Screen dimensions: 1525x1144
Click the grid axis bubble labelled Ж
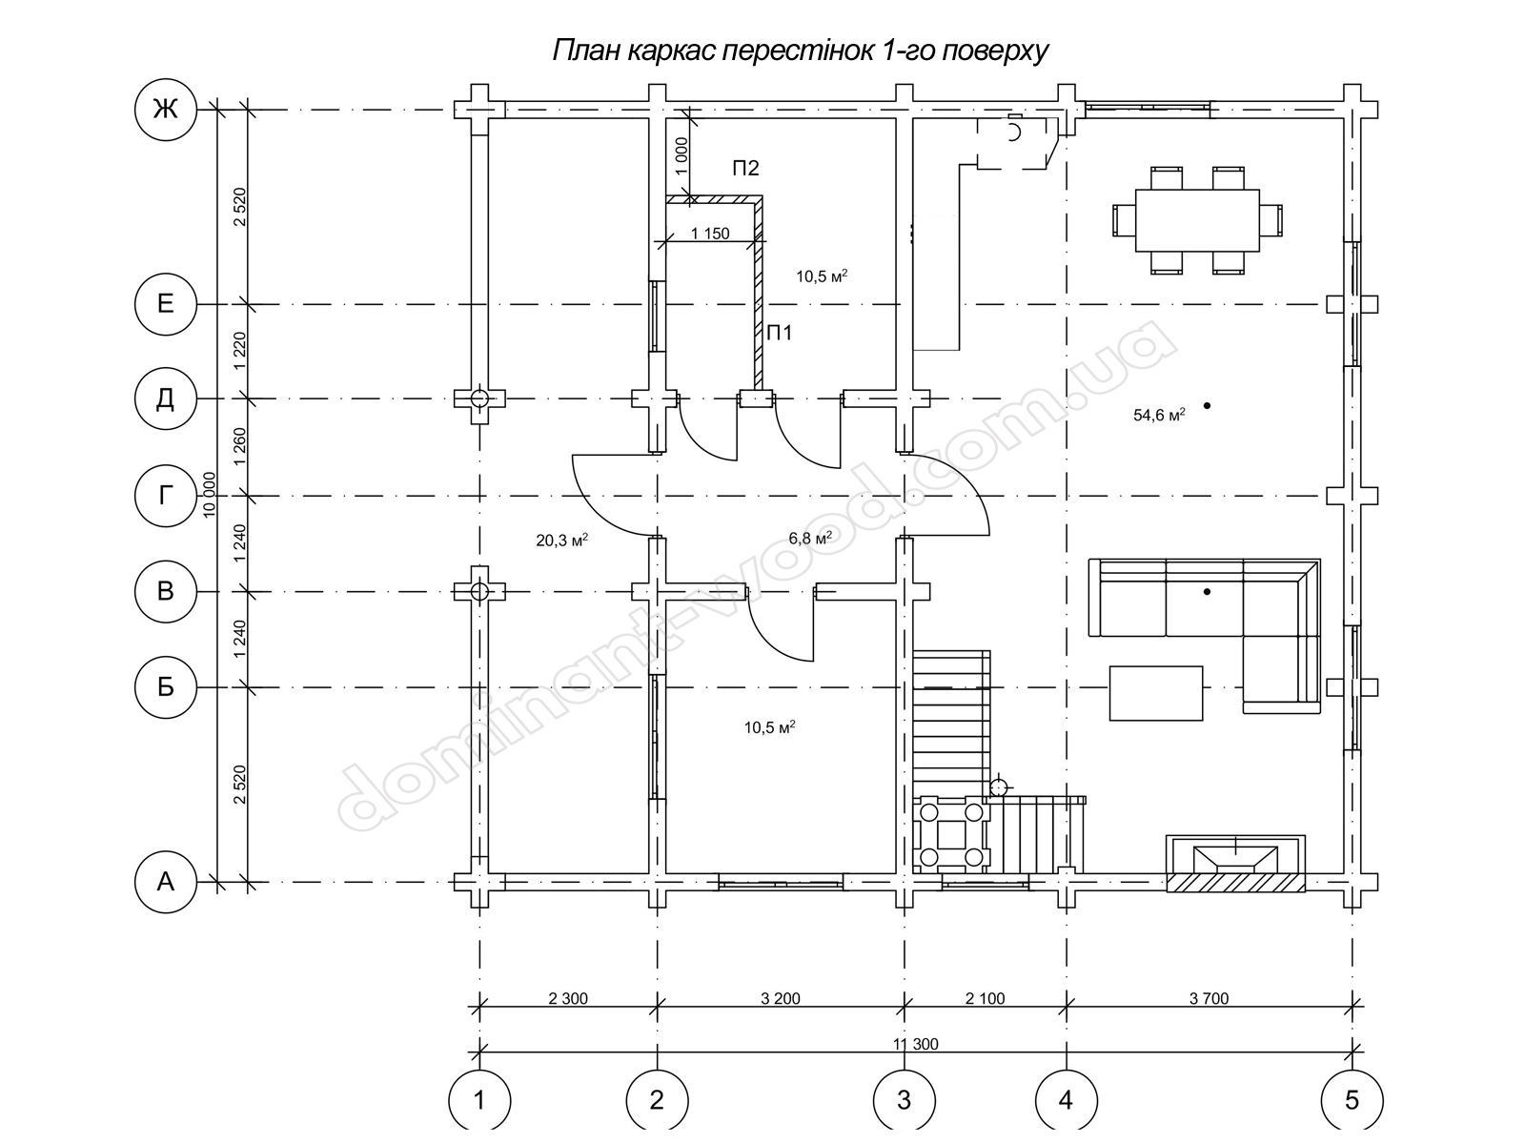click(x=165, y=109)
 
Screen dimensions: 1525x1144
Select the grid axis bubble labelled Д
click(x=165, y=398)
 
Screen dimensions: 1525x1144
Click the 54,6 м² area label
click(x=1159, y=416)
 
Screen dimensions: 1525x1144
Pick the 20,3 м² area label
click(x=562, y=540)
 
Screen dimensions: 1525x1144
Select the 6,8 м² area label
click(x=810, y=538)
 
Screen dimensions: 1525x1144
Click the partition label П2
click(x=745, y=168)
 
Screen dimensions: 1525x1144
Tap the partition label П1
click(x=780, y=334)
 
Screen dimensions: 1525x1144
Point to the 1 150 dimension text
click(x=710, y=234)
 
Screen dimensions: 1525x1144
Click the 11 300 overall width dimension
click(x=915, y=1044)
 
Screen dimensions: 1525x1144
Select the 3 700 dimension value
click(x=1209, y=998)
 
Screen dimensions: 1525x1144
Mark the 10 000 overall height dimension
click(x=209, y=495)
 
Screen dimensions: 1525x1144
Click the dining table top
click(x=1197, y=220)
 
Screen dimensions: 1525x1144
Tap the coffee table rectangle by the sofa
click(x=1156, y=693)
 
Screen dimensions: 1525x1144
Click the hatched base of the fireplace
click(x=1235, y=882)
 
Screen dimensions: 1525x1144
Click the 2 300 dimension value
click(x=568, y=998)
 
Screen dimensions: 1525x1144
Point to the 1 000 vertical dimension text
click(x=681, y=155)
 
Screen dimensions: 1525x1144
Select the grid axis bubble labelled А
click(x=165, y=882)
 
